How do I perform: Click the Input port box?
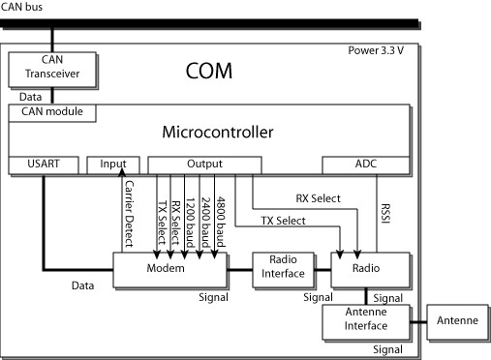tap(113, 165)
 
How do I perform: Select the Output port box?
tap(204, 165)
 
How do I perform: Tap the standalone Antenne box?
tap(455, 320)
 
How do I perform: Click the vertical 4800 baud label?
tap(221, 215)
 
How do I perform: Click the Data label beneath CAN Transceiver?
tap(33, 97)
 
